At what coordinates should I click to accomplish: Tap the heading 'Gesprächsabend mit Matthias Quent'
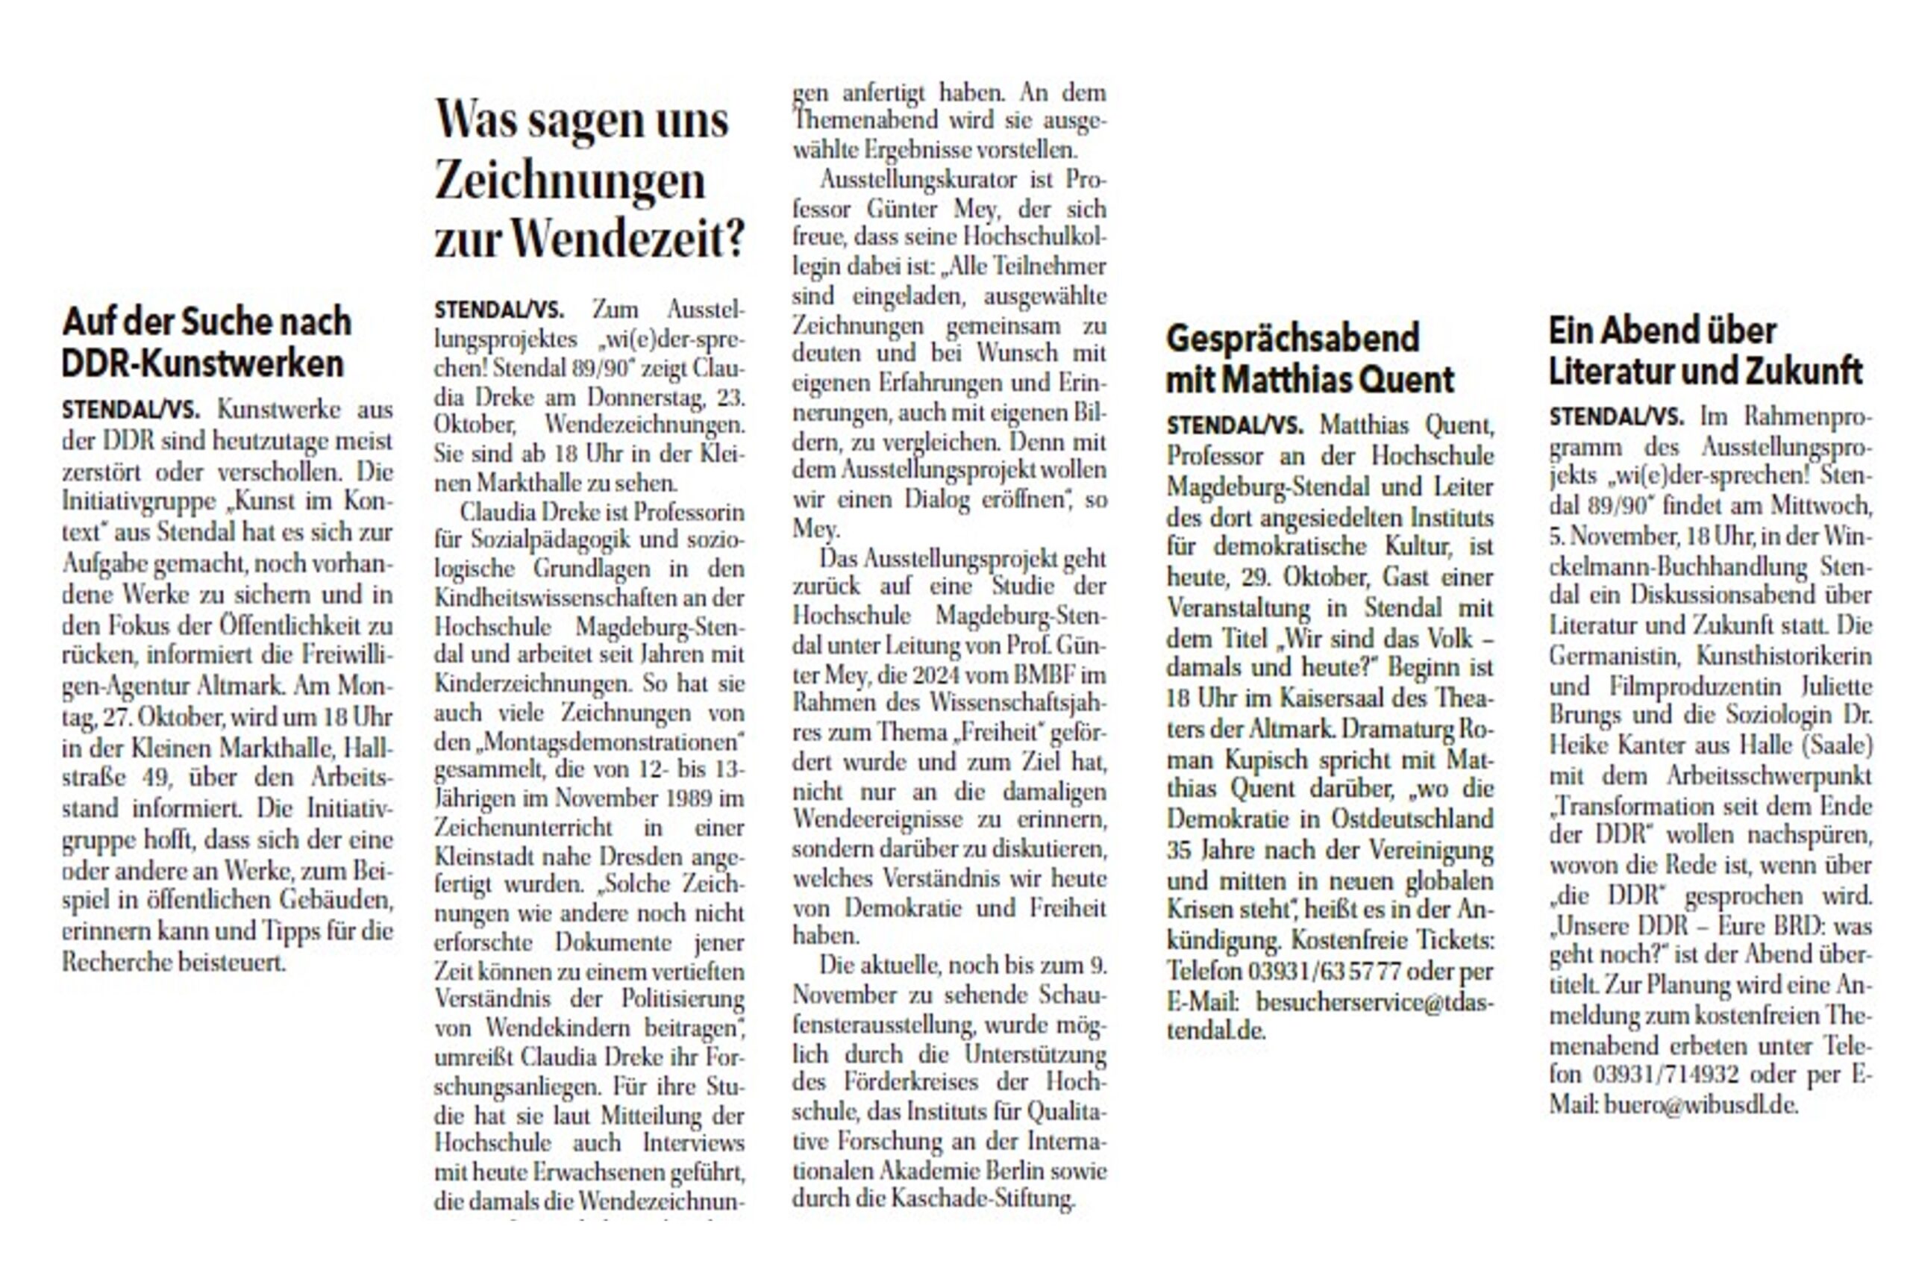tap(1309, 360)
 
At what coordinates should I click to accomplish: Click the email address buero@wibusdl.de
tap(1700, 1105)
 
